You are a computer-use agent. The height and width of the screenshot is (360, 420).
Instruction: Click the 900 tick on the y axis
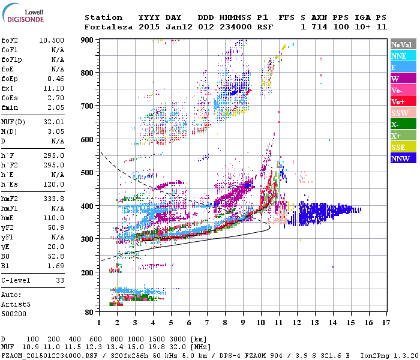pos(89,40)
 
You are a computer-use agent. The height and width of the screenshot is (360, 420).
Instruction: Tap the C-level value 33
pos(60,280)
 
